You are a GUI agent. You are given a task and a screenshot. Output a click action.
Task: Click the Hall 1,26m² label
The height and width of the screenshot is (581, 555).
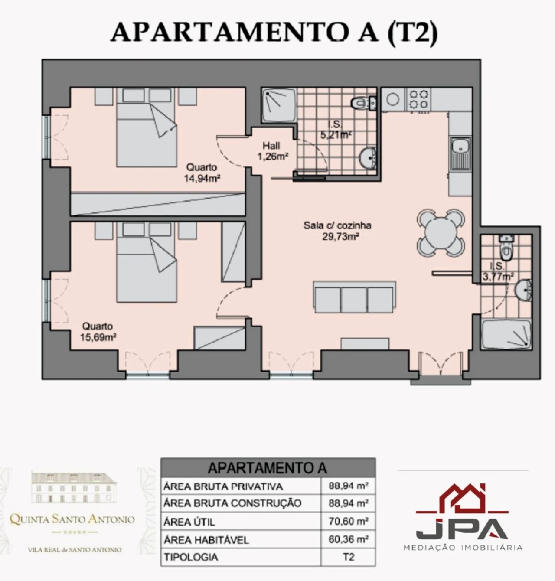point(272,151)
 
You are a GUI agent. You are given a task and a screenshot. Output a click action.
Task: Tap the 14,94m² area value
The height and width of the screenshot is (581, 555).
point(202,179)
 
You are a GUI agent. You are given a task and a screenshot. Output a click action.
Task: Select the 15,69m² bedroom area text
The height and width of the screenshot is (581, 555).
point(98,337)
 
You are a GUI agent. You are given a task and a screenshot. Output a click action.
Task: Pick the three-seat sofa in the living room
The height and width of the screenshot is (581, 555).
point(354,297)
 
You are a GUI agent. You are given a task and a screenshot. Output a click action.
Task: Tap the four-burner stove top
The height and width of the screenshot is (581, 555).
point(418,99)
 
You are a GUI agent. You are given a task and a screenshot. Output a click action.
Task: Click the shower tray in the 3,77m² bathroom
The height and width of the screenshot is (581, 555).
point(506,334)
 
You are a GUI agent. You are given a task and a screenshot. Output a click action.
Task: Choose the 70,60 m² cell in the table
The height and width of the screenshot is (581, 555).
point(349,521)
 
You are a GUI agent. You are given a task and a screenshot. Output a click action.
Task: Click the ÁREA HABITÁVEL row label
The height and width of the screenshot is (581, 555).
point(206,540)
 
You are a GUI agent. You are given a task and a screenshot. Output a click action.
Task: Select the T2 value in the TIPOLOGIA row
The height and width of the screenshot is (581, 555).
point(349,557)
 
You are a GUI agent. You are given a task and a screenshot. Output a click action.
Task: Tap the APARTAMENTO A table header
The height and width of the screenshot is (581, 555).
point(268,468)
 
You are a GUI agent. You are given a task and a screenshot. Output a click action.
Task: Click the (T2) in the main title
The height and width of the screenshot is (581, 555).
point(413,32)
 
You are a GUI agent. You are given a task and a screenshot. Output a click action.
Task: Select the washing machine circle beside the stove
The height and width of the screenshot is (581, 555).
point(392,99)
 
